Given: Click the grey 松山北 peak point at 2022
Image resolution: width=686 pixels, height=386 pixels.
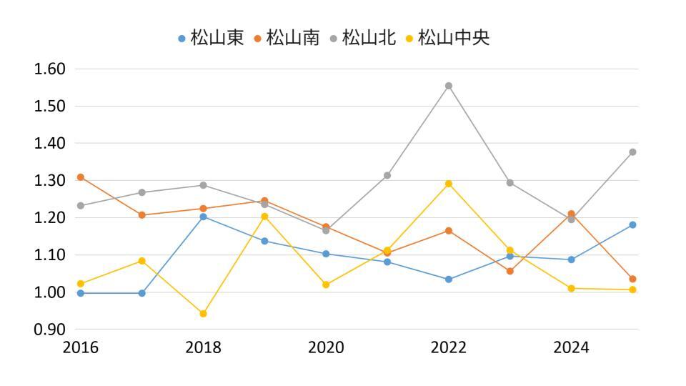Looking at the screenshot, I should (x=449, y=86).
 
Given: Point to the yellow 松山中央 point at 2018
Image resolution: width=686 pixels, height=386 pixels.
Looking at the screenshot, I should (x=204, y=314).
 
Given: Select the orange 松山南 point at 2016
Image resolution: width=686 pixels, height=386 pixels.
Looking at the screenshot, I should (x=81, y=177).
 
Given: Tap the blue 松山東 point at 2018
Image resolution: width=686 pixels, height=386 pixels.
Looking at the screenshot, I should (x=204, y=217).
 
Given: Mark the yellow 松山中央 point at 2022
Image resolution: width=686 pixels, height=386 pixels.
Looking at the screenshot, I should (x=449, y=184).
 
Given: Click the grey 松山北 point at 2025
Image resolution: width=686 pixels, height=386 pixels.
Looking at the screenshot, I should (x=632, y=152).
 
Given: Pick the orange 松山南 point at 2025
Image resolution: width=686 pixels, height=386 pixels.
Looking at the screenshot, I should (x=632, y=279).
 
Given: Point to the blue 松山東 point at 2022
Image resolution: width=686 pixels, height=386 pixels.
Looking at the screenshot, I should (x=449, y=279).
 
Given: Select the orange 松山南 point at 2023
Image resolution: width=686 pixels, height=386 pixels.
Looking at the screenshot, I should (x=510, y=271).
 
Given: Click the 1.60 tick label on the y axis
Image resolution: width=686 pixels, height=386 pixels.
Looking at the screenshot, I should (x=50, y=69).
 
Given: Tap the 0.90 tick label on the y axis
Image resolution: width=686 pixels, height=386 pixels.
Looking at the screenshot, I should (x=50, y=330).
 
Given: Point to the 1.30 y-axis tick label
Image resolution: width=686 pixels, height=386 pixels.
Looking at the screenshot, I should (x=50, y=181).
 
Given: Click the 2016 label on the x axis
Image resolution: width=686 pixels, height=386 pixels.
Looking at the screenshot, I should (x=81, y=348).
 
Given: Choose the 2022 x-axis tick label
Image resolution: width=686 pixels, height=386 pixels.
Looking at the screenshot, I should (x=449, y=348).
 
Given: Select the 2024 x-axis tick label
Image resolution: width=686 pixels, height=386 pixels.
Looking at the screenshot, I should (x=571, y=348).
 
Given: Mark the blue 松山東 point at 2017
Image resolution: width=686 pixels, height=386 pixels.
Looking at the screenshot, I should (x=142, y=293).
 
